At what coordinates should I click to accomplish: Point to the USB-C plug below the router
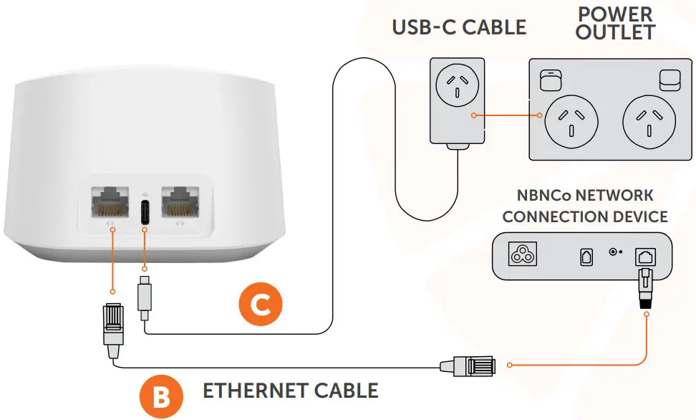[144, 297]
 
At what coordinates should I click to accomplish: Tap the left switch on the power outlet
[548, 80]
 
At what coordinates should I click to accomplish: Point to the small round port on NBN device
[612, 252]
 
